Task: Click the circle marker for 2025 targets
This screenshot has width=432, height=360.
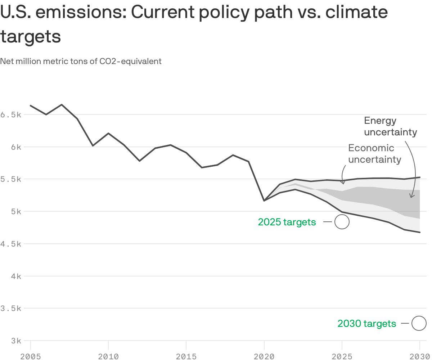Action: coord(342,222)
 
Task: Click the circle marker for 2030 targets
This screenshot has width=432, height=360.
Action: coord(419,323)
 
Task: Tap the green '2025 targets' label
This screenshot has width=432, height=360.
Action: coord(287,222)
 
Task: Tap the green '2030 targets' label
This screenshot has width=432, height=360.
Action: coord(366,324)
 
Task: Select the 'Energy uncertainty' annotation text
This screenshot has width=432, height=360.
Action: coord(390,126)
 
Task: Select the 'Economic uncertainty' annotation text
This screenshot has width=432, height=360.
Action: coord(374,154)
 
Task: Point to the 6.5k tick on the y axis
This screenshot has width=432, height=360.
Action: coord(11,115)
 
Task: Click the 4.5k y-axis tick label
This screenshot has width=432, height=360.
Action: coord(11,244)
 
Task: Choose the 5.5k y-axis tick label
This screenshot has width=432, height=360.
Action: coord(11,179)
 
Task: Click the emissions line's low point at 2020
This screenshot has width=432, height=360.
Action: coord(264,201)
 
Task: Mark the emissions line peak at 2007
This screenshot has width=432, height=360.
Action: coord(62,105)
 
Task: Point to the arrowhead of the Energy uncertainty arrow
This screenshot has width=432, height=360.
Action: coord(410,197)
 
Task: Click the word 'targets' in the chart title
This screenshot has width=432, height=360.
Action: coord(30,36)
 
